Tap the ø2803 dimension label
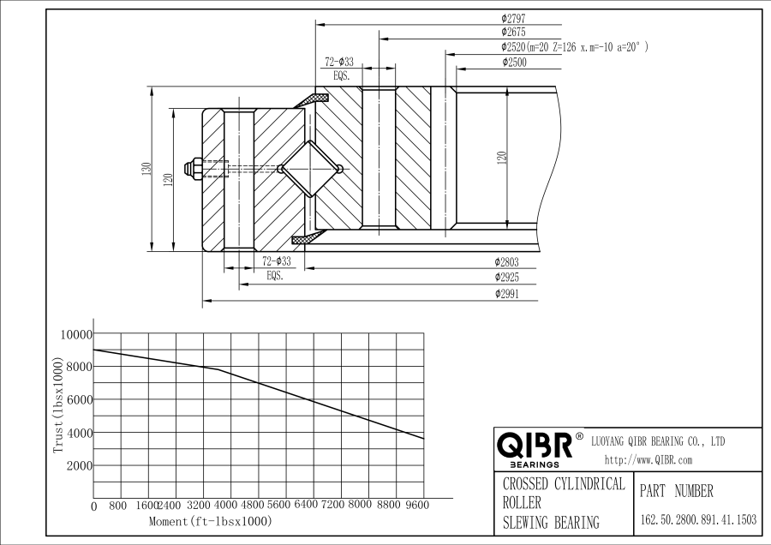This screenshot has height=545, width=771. (x=508, y=261)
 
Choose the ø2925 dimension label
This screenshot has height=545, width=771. (x=508, y=278)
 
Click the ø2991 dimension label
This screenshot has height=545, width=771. (x=508, y=294)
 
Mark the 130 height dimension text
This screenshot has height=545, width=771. (x=146, y=170)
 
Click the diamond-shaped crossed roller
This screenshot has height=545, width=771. (x=310, y=168)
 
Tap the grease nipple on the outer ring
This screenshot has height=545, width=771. (x=194, y=167)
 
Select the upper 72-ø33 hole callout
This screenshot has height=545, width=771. (x=339, y=62)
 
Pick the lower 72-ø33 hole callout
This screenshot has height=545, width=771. (x=277, y=261)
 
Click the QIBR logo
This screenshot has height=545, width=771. (x=535, y=446)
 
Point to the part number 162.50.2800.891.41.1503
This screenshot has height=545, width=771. (x=698, y=519)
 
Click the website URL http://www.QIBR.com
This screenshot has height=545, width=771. (x=648, y=460)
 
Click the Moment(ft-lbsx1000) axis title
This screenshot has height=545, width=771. (x=210, y=521)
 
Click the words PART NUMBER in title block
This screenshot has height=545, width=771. (x=676, y=491)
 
